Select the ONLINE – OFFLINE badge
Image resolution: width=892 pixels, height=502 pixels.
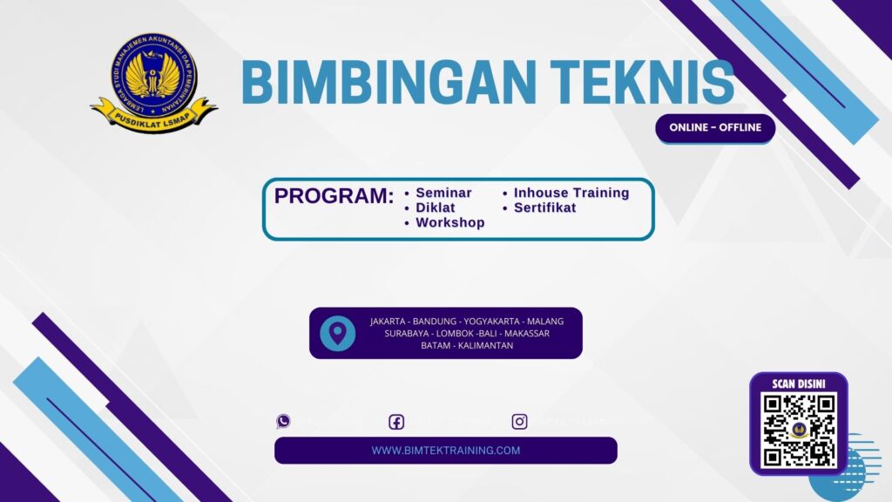coord(715,127)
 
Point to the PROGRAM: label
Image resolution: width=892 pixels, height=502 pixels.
coord(334,196)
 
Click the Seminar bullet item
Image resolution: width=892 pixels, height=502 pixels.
coord(443,193)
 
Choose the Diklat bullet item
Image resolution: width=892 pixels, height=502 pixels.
coord(436,207)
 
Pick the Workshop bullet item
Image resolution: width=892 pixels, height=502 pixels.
coord(449,222)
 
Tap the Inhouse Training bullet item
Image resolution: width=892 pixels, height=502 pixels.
coord(571,193)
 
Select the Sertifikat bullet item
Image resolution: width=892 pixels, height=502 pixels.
coord(544,207)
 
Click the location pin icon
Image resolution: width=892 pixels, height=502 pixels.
coord(337,333)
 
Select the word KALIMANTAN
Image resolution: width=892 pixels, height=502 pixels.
coord(484,345)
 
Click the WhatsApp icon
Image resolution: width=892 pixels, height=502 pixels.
coord(283,422)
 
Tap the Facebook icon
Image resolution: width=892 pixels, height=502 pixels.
coord(396,422)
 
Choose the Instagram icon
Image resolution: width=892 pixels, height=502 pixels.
coord(519,422)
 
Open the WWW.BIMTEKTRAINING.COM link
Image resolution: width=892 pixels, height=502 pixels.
coord(446,451)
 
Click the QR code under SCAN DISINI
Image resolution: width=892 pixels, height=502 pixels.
coord(798,429)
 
